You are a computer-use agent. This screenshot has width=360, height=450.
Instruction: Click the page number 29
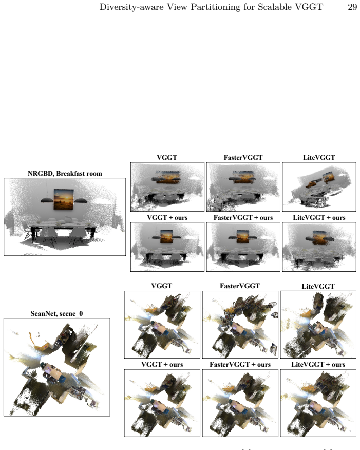point(352,7)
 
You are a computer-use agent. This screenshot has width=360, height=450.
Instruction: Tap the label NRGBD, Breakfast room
point(65,174)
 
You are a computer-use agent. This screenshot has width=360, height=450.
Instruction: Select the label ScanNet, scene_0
point(57,314)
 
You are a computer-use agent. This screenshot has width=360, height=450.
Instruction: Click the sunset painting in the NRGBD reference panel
point(64,199)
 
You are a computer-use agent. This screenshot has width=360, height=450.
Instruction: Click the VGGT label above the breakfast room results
point(167,158)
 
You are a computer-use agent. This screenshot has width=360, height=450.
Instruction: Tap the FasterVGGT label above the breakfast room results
point(243,158)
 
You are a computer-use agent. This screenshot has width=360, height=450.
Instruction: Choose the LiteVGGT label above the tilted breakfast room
point(319,158)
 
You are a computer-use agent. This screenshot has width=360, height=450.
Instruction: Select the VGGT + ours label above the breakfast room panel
point(167,218)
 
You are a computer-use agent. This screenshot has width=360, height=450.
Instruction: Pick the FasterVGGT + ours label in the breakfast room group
point(243,218)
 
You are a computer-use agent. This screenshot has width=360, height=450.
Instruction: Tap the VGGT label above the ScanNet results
point(162,286)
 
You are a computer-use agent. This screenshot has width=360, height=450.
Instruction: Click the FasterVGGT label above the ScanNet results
point(240,286)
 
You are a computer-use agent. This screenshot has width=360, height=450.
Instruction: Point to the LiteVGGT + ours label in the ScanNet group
point(318,365)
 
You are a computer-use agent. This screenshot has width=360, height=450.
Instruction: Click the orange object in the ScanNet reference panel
point(39,342)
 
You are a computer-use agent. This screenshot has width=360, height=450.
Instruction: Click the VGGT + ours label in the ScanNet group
point(162,365)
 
